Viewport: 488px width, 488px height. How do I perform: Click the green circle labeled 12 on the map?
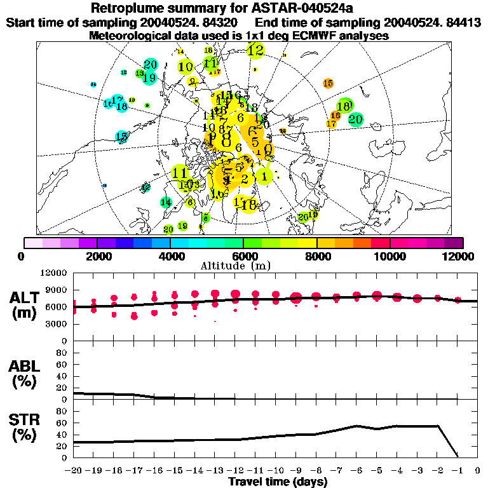[256, 50]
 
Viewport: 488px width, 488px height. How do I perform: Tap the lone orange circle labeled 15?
[328, 83]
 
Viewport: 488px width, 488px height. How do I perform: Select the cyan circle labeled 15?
[121, 137]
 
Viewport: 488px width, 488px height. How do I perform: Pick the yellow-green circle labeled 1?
[264, 177]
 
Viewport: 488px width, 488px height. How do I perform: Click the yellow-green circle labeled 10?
[186, 66]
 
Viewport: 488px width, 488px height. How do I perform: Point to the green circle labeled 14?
[166, 202]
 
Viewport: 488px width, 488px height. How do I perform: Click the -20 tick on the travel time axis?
[74, 470]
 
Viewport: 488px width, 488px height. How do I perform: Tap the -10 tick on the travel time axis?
[276, 470]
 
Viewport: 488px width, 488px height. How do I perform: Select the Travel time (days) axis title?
[278, 482]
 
